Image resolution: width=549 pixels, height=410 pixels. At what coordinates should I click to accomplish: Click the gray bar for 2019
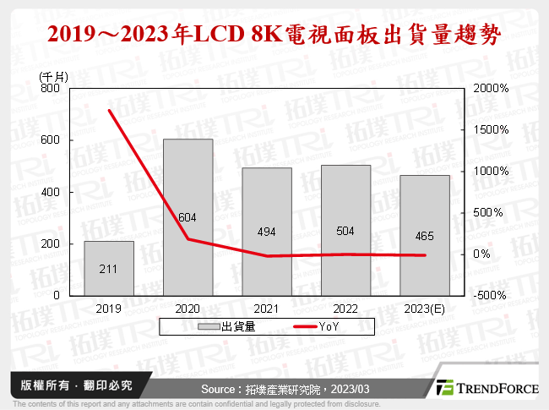[x=108, y=268]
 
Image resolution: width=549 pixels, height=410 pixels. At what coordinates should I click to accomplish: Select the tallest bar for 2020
[x=188, y=217]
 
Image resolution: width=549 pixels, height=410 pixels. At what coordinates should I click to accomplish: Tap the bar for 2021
[x=266, y=232]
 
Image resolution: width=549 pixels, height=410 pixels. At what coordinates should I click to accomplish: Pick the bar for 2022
[x=345, y=230]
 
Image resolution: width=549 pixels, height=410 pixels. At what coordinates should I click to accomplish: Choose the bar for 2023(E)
[x=424, y=235]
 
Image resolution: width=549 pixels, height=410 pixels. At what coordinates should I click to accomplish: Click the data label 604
[x=188, y=217]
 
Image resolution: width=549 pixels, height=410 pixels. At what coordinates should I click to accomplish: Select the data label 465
[x=424, y=237]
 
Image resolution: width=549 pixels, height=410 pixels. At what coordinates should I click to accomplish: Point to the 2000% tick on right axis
[x=491, y=88]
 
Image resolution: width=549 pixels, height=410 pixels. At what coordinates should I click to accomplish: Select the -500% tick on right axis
[x=491, y=296]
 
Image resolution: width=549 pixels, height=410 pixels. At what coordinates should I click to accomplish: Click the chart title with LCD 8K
[x=274, y=35]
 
